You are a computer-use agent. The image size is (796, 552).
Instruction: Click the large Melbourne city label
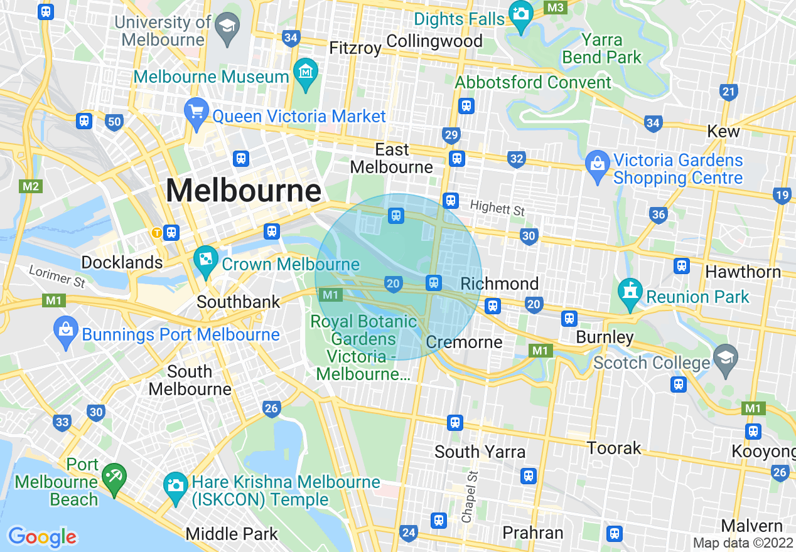[244, 190]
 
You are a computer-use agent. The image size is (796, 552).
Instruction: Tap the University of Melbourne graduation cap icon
[226, 26]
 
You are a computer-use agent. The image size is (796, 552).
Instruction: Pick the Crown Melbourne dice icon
[205, 259]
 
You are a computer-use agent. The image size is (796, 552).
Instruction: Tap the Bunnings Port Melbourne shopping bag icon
[66, 329]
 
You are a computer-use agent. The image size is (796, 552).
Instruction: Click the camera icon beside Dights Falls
[520, 13]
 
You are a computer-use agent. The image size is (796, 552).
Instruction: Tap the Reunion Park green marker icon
[630, 292]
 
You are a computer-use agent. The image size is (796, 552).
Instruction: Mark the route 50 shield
[114, 122]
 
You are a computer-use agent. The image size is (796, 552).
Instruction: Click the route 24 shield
[409, 533]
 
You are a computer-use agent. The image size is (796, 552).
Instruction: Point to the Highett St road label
[497, 207]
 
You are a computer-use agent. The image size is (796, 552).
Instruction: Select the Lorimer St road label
[57, 276]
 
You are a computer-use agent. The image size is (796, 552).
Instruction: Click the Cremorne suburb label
[464, 342]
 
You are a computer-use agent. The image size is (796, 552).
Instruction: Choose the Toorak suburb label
[613, 448]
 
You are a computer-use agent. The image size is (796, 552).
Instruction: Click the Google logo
[42, 536]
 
